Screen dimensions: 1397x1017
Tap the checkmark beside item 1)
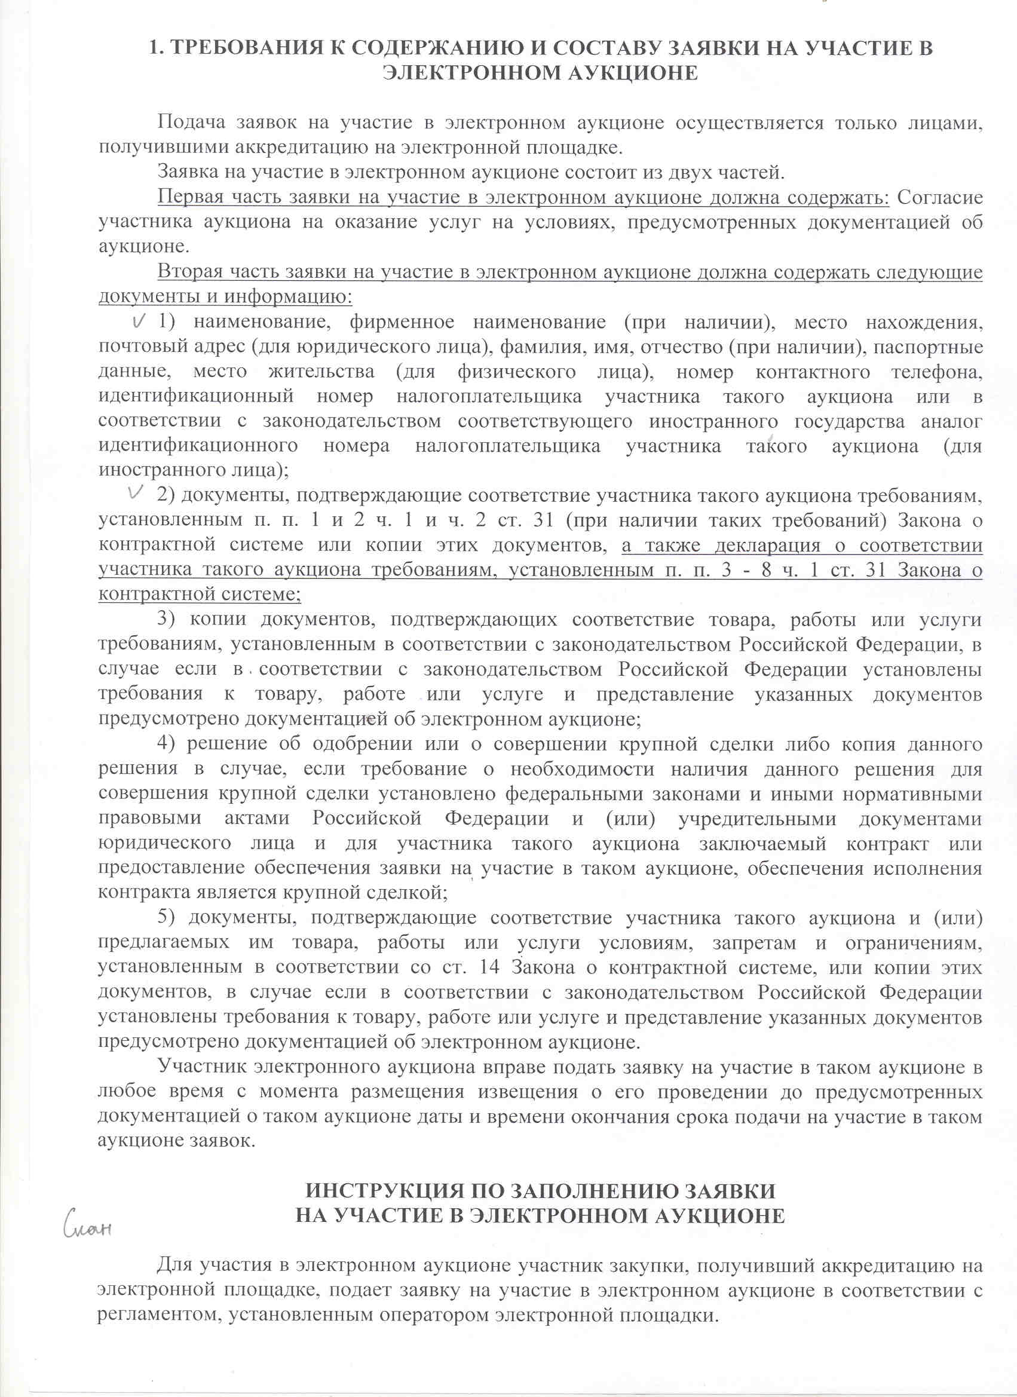click(140, 321)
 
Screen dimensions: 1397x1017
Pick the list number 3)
click(167, 619)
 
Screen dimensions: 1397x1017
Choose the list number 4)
click(167, 743)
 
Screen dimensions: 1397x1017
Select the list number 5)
click(167, 917)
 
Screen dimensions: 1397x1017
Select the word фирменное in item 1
click(402, 322)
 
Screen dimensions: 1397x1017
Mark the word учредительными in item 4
click(757, 819)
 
